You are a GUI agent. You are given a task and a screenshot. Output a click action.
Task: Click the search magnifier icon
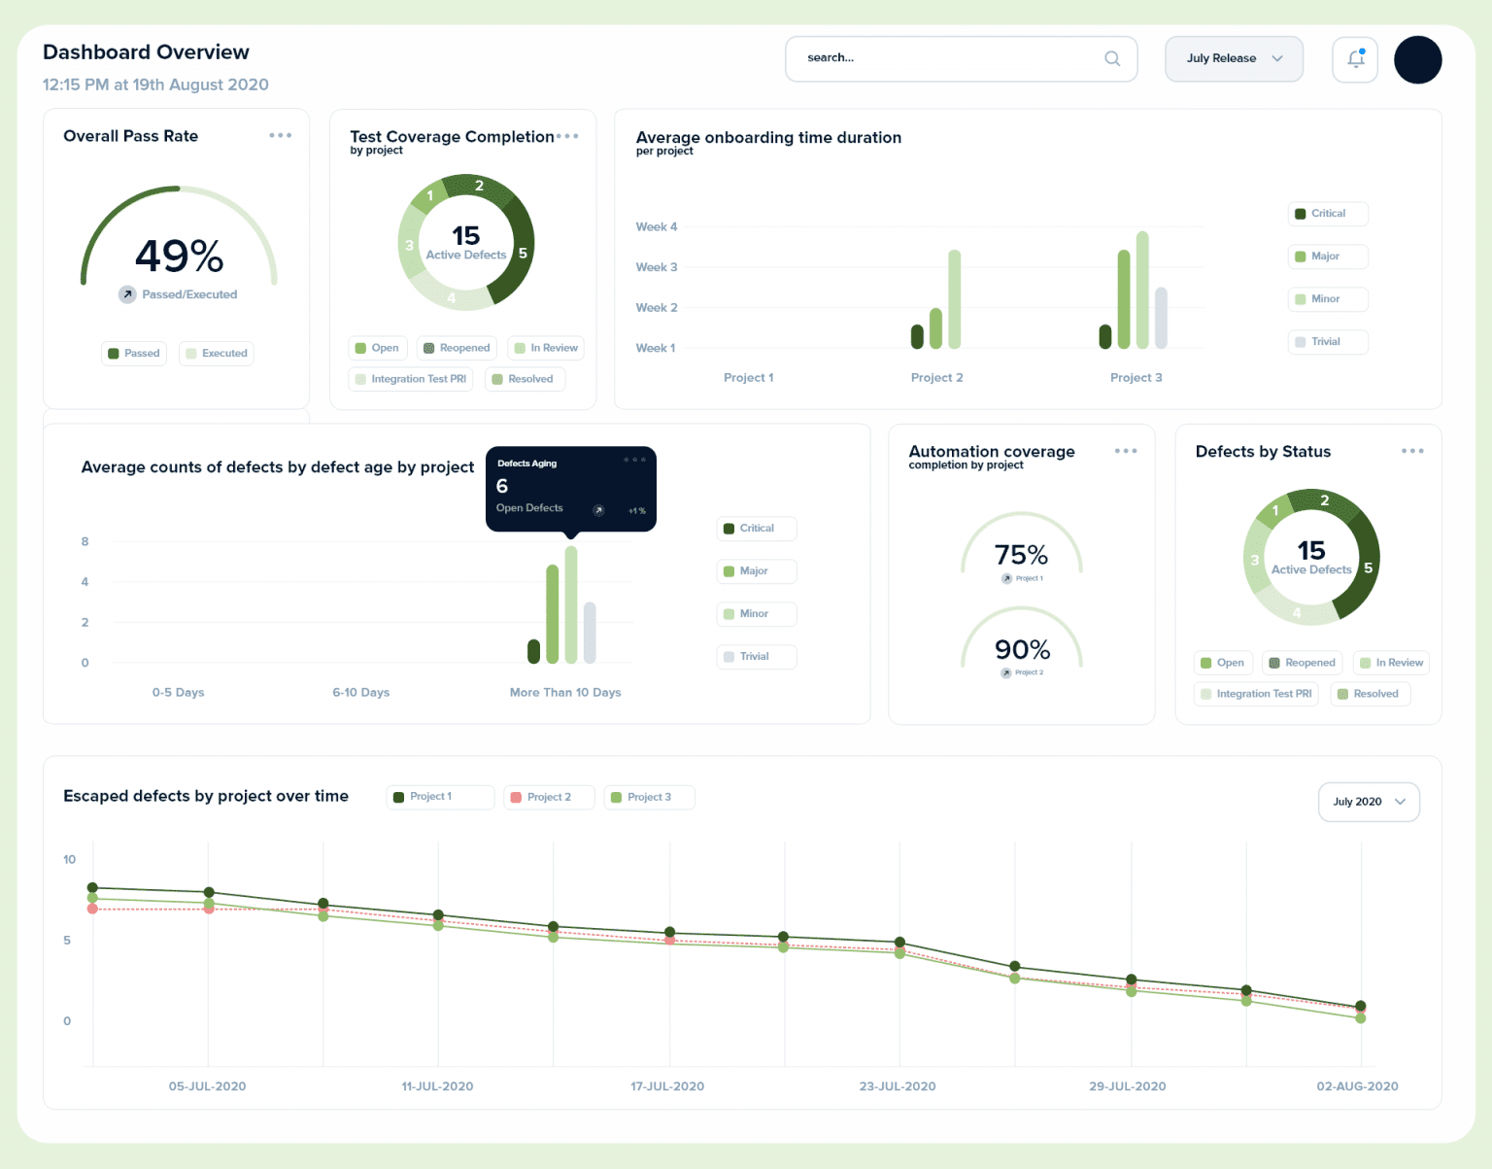1112,58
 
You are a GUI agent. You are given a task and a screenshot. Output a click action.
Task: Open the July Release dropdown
1234,58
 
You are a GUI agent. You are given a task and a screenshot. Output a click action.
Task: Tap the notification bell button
1355,59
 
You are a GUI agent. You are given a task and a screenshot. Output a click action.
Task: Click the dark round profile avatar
1417,59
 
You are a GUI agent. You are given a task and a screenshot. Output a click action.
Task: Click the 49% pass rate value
180,256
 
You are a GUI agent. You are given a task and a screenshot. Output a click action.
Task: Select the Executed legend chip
217,354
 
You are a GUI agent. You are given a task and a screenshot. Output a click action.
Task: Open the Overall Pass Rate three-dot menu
280,136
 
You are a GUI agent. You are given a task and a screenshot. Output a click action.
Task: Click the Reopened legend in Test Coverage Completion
457,348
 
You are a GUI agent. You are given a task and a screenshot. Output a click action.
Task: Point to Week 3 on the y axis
657,267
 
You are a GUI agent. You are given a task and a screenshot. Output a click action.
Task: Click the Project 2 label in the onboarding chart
936,378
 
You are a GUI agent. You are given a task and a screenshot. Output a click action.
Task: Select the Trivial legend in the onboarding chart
1327,342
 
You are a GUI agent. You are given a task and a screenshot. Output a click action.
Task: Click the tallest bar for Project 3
1142,290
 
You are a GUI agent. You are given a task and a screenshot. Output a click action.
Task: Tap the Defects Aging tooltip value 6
502,486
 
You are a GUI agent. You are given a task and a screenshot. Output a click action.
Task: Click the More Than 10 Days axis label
565,693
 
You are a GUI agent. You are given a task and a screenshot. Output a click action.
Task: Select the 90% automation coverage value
1022,649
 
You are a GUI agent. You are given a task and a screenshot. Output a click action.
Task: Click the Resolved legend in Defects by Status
1370,694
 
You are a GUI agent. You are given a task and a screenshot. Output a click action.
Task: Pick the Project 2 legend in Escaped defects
548,797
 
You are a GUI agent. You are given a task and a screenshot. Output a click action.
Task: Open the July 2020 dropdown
1368,802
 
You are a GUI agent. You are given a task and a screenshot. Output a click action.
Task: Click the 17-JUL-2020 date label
667,1086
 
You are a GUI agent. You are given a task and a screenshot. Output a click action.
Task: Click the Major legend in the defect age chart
756,571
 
